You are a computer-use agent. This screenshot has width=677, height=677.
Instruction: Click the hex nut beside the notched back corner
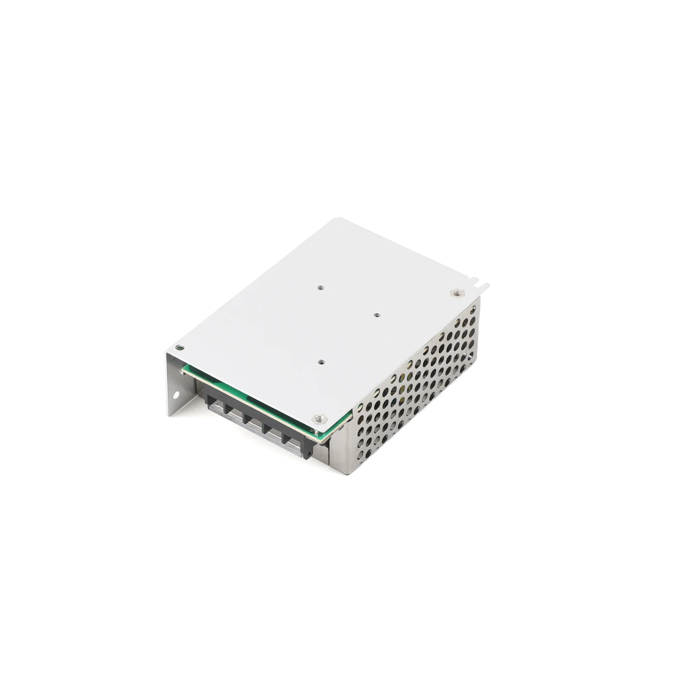coord(457,293)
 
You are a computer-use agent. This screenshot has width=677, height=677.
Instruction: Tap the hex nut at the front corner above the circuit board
coord(319,419)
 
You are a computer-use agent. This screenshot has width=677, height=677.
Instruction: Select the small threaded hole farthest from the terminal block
coord(321,287)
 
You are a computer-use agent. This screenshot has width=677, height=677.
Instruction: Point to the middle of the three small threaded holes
coord(377,315)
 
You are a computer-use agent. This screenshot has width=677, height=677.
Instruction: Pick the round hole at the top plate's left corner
coord(180,348)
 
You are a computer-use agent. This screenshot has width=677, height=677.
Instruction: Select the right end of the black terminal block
coord(309,449)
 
